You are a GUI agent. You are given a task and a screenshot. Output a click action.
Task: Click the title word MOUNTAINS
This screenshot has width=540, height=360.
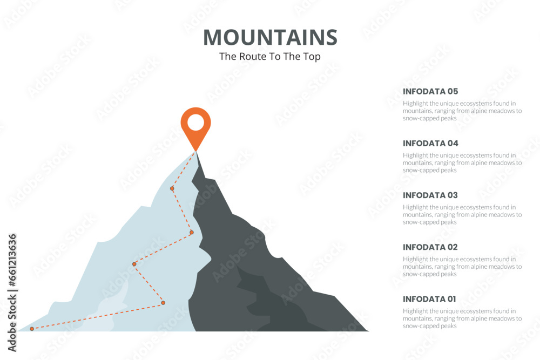tap(270, 37)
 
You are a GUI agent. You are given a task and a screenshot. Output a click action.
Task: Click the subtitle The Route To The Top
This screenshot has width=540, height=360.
tap(270, 56)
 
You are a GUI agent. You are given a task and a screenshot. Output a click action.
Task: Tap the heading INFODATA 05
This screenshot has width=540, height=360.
tap(430, 91)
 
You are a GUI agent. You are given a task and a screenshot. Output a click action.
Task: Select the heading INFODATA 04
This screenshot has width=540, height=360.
tap(430, 143)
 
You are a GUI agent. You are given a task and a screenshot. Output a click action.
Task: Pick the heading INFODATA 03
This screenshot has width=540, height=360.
tap(430, 195)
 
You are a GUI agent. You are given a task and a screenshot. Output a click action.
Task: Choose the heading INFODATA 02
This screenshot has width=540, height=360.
tap(430, 247)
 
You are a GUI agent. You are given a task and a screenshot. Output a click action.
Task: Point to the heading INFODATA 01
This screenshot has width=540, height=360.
tap(429, 298)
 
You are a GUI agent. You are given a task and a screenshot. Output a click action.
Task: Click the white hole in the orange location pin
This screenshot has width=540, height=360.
tap(195, 123)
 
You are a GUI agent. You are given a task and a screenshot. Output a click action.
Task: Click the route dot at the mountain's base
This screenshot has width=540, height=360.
tap(32, 329)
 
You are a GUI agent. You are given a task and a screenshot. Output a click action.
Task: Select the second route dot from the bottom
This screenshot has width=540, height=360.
tap(163, 303)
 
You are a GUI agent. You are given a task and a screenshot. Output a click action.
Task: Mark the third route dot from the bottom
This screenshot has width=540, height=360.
tap(134, 264)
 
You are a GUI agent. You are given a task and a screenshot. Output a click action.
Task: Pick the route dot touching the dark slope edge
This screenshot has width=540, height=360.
tap(191, 233)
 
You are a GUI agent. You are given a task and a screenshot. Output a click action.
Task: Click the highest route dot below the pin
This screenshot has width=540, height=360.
tap(172, 188)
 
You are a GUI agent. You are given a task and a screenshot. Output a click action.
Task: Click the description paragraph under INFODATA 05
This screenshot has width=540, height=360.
tap(462, 111)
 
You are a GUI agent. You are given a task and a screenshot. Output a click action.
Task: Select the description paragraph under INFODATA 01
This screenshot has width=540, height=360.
tap(462, 318)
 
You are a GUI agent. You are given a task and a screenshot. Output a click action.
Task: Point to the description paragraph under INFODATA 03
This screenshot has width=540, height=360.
tap(462, 214)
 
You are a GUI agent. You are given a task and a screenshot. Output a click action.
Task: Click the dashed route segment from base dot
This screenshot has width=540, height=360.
tap(97, 316)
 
